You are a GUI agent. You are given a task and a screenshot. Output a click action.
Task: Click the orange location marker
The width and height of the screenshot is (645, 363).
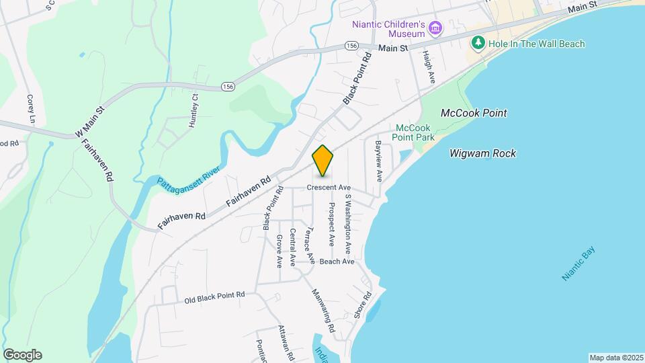(323, 161)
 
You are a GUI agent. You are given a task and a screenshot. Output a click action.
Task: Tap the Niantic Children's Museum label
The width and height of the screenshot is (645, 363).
(388, 29)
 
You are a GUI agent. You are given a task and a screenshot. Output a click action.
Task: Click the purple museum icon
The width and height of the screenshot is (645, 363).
(436, 28)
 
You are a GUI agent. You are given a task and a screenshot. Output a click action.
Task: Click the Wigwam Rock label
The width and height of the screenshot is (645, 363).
(482, 154)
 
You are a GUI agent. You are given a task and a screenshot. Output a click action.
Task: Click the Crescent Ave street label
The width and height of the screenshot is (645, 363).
(329, 188)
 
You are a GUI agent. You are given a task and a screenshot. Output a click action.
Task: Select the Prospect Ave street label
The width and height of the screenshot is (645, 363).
(331, 221)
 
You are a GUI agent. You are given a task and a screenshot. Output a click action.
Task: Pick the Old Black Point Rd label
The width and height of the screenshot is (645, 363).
(215, 297)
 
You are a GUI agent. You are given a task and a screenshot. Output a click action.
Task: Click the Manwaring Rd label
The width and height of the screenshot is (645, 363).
(322, 311)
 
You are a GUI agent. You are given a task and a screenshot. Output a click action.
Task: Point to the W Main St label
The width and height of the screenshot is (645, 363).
(90, 118)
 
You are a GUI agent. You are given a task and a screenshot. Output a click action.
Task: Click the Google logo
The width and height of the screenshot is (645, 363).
(22, 355)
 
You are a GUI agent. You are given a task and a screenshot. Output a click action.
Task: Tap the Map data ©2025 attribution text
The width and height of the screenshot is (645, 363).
(615, 358)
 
